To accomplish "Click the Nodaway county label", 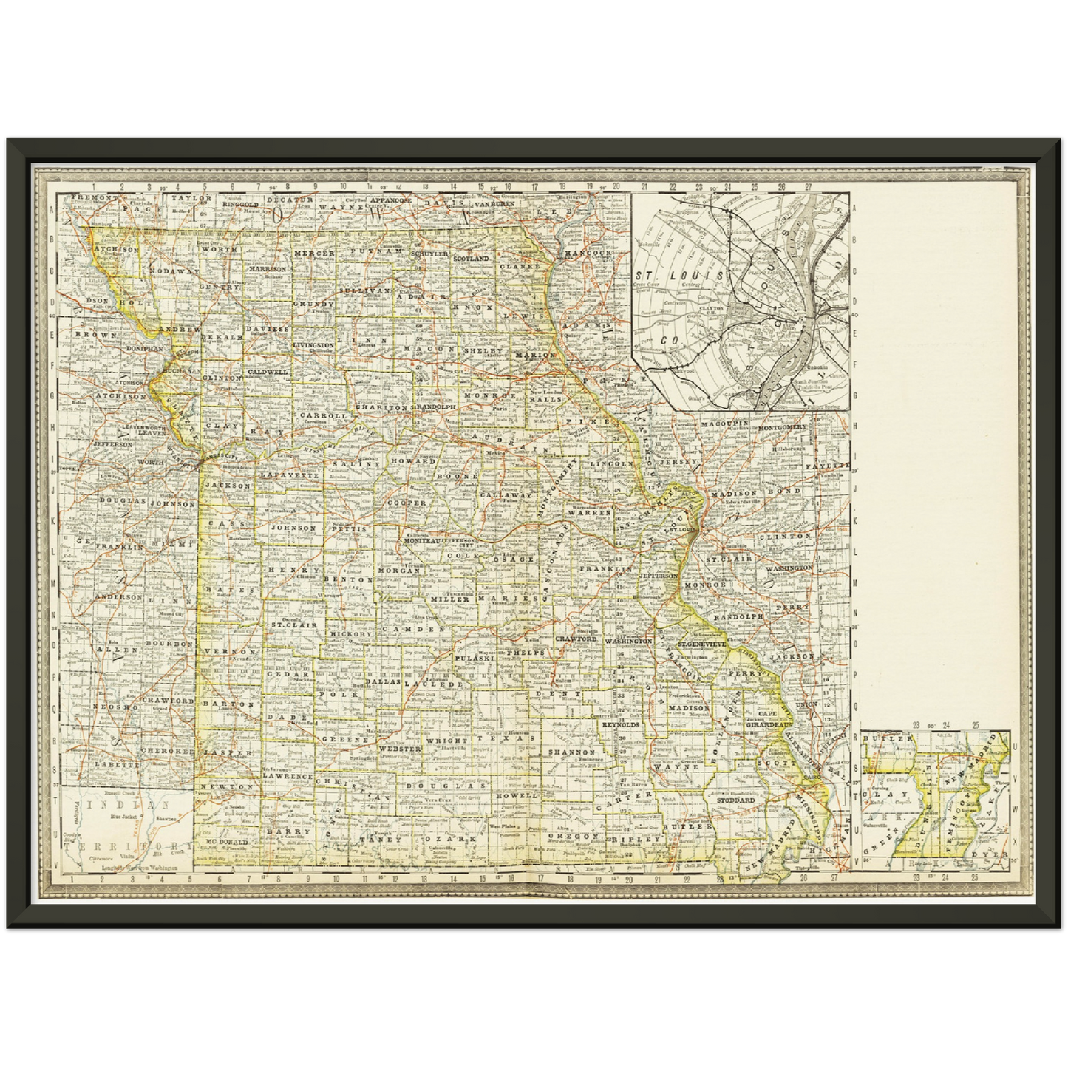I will (x=170, y=272).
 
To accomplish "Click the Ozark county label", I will (x=455, y=840).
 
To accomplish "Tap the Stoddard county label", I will (x=735, y=800).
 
